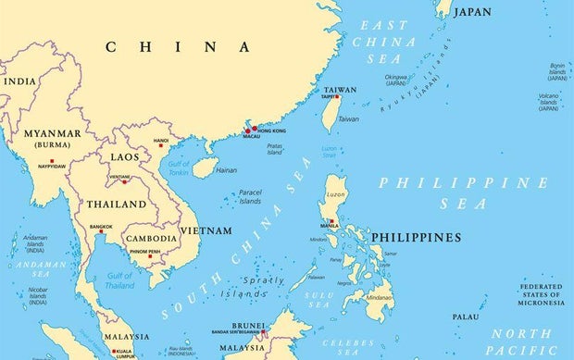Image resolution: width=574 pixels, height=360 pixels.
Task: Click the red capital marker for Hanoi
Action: click(x=161, y=144)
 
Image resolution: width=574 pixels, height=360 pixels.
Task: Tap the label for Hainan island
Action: click(x=226, y=170)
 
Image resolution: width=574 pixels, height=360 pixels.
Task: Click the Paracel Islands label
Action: click(x=250, y=197)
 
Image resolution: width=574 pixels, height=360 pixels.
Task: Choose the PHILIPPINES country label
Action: click(x=416, y=238)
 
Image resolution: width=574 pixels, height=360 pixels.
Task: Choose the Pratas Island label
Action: click(x=273, y=148)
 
